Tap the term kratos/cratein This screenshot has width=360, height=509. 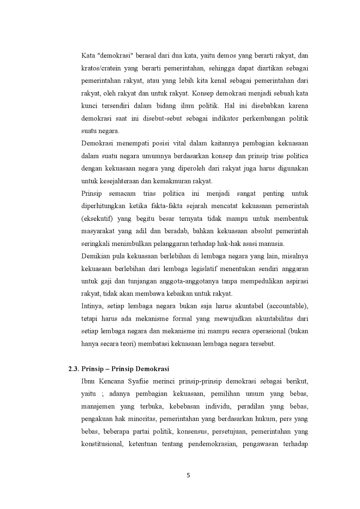(99, 69)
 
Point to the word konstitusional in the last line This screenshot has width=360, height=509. (102, 444)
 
